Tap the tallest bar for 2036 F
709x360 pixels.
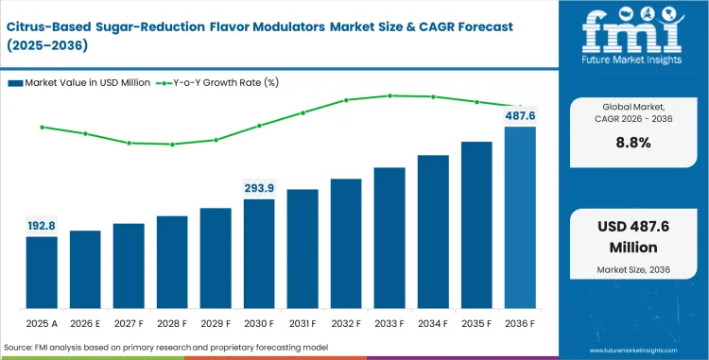tap(520, 217)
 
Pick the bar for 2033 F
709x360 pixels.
tap(389, 238)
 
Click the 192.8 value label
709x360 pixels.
tap(42, 227)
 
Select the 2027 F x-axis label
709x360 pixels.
tap(129, 324)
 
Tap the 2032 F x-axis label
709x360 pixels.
tap(346, 324)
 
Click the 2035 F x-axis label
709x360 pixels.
tap(476, 324)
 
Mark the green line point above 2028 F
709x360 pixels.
tap(172, 145)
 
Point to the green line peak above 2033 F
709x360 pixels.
tap(389, 95)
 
